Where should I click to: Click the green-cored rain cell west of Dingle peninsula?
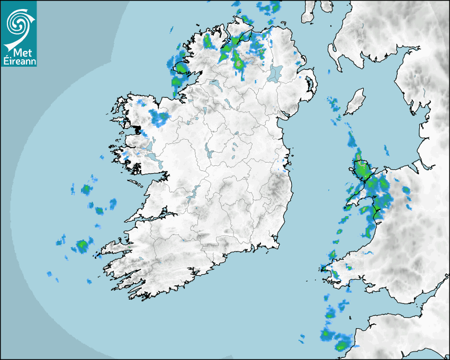click(x=82, y=245)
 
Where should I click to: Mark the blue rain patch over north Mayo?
click(x=159, y=118)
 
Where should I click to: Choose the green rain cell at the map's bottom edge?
click(x=341, y=347)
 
